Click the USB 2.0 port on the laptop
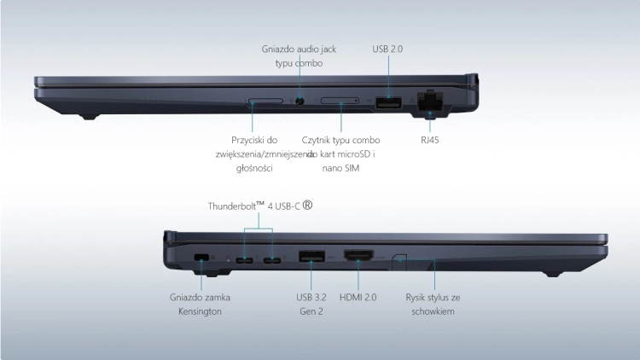pyautogui.click(x=388, y=103)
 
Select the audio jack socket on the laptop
pyautogui.click(x=300, y=102)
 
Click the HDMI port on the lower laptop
pyautogui.click(x=358, y=256)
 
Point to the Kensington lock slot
pyautogui.click(x=201, y=257)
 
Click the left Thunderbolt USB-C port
pyautogui.click(x=244, y=260)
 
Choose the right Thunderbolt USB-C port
pyautogui.click(x=272, y=260)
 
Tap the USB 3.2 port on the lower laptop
pyautogui.click(x=311, y=256)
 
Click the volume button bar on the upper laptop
pyautogui.click(x=265, y=101)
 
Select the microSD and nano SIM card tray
pyautogui.click(x=340, y=101)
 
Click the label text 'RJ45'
pyautogui.click(x=430, y=140)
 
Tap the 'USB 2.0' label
pyautogui.click(x=387, y=49)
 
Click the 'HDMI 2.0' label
pyautogui.click(x=358, y=297)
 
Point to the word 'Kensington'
pyautogui.click(x=200, y=311)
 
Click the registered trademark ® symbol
pyautogui.click(x=308, y=205)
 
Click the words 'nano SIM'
pyautogui.click(x=340, y=168)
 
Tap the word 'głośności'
pyautogui.click(x=254, y=168)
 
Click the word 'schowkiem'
pyautogui.click(x=433, y=311)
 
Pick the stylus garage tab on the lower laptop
pyautogui.click(x=399, y=261)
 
